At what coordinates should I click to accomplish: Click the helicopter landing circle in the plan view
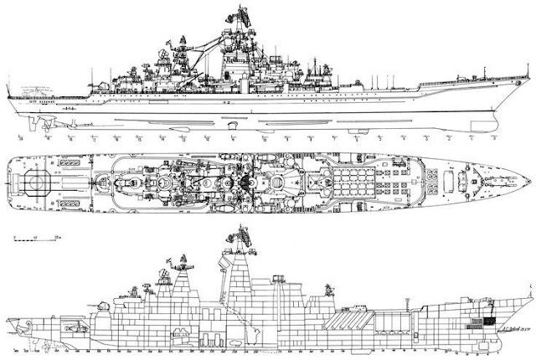pos(38,183)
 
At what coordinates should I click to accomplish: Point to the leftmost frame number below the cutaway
pos(17,354)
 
